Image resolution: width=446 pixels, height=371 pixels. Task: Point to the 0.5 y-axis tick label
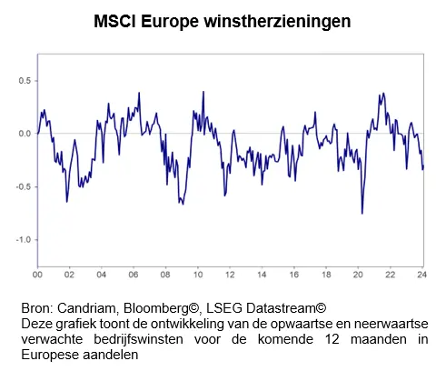(x=25, y=81)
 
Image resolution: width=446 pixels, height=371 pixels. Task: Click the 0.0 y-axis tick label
(x=25, y=134)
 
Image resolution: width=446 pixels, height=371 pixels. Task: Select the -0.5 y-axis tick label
(x=24, y=186)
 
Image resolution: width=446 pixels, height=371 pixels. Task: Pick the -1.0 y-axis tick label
(x=24, y=240)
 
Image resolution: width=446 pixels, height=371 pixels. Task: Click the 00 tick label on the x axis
(x=37, y=275)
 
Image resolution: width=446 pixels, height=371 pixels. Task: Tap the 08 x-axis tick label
(x=165, y=275)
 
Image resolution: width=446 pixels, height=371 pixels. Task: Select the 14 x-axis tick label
(x=262, y=275)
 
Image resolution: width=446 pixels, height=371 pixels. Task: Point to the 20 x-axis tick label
(x=358, y=275)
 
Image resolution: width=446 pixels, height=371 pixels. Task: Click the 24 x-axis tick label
(x=421, y=275)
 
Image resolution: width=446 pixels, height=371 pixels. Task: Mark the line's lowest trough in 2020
(x=362, y=214)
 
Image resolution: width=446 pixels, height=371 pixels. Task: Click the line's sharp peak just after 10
(x=203, y=92)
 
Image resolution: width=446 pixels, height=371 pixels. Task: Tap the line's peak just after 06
(x=139, y=93)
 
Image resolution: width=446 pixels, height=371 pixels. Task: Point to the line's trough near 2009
(x=183, y=205)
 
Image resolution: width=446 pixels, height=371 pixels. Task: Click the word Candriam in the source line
(x=86, y=308)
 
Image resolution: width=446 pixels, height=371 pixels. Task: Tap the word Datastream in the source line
(x=281, y=308)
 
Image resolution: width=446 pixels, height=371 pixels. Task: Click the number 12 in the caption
(x=332, y=339)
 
